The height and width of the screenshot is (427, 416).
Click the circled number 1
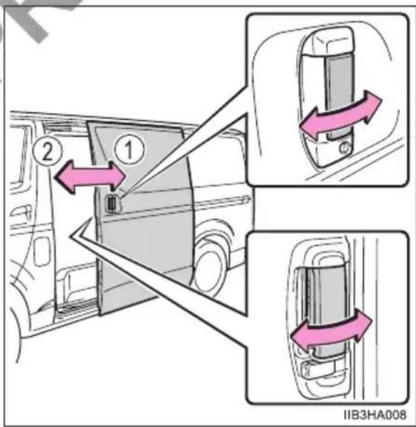point(129,149)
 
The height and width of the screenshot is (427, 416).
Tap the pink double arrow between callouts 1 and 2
point(90,177)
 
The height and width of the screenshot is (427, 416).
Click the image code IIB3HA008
point(375,414)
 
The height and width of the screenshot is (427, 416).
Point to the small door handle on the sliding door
point(112,203)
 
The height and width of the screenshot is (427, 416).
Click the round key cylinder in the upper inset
point(345,148)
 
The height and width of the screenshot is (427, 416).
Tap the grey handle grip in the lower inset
point(326,311)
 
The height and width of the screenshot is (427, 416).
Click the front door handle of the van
point(20,211)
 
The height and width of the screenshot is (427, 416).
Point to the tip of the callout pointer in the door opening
point(72,236)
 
